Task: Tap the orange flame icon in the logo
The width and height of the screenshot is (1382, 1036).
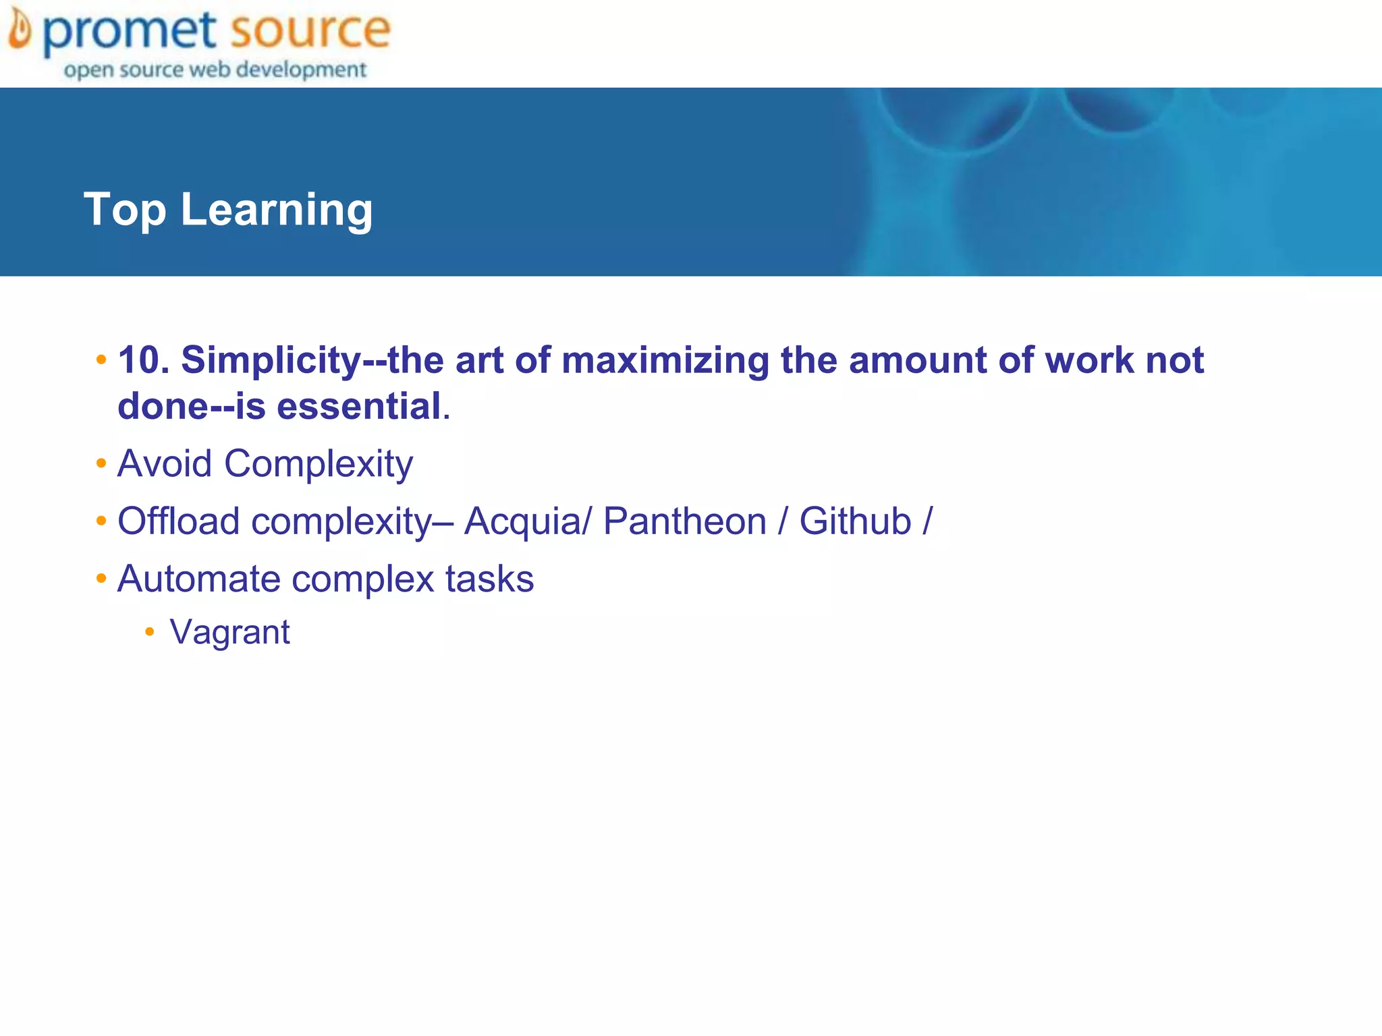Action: pos(20,30)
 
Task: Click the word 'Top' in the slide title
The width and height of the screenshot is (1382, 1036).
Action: pos(125,209)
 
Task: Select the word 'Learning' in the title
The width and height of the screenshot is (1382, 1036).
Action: pos(277,210)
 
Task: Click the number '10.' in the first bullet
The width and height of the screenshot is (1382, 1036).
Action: pos(144,359)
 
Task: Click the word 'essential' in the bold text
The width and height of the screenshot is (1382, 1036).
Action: pos(358,406)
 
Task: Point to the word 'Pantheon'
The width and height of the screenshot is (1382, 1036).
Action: pos(684,521)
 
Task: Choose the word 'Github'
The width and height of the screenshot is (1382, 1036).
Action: pos(855,521)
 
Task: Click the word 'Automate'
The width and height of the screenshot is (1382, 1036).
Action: pos(198,579)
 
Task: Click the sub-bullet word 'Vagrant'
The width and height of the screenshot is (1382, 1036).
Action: pos(229,633)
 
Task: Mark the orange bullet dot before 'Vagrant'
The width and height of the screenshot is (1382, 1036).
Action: pos(150,632)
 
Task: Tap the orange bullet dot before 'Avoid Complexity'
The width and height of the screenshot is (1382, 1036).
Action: pos(101,463)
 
